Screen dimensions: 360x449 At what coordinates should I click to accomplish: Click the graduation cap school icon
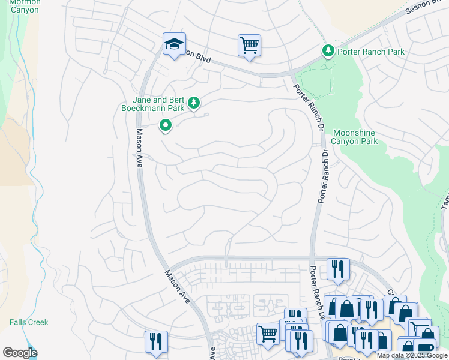(175, 44)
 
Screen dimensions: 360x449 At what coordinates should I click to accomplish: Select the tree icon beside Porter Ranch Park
(328, 51)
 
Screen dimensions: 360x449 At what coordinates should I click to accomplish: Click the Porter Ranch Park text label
(370, 52)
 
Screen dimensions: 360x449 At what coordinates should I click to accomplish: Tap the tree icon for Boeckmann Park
(194, 103)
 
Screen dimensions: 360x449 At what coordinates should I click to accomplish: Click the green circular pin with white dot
(166, 125)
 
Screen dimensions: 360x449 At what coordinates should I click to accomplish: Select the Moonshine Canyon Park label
(355, 137)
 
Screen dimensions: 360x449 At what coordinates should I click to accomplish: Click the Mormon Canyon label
(25, 6)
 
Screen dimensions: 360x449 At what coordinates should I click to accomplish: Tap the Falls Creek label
(29, 322)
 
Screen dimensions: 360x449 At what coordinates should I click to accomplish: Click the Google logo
(20, 353)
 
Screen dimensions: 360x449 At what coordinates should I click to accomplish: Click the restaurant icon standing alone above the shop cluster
(338, 269)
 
